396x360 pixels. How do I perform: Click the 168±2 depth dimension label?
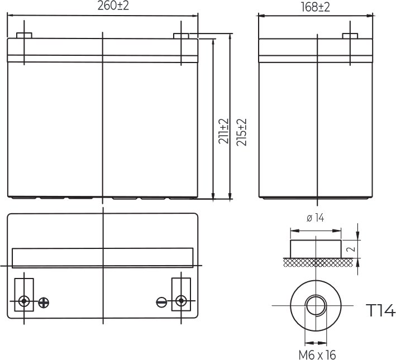(316, 7)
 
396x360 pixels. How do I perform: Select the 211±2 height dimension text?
(223, 132)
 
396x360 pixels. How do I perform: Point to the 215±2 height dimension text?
(242, 132)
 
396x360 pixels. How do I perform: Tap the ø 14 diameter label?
(316, 218)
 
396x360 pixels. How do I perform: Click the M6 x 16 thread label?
(317, 354)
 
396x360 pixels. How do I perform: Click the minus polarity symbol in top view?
(161, 302)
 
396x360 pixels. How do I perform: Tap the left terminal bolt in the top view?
(23, 301)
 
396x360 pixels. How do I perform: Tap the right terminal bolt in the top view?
(180, 301)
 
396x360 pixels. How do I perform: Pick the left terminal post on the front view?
(23, 36)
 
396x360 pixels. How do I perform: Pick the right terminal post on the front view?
(181, 36)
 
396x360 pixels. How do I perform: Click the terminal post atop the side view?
(350, 36)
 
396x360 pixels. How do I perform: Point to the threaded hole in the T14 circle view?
(316, 305)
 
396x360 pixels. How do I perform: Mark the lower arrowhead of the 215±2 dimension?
(231, 196)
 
